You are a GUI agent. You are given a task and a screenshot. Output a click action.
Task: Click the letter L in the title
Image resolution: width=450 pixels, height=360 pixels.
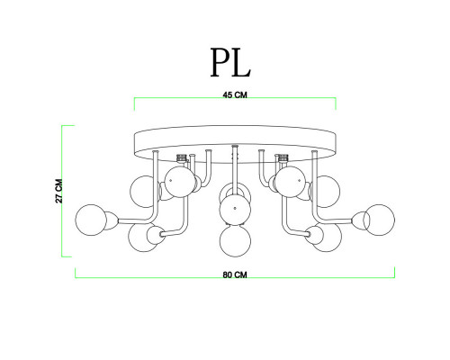(241, 63)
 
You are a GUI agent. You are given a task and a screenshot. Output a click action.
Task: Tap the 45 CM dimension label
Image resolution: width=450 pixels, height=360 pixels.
(235, 95)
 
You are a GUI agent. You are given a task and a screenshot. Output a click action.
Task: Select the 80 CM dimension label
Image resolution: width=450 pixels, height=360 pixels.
(235, 274)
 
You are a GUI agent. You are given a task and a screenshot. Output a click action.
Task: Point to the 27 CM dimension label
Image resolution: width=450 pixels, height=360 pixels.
(59, 191)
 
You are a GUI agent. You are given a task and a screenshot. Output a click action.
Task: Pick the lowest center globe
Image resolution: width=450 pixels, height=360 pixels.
(235, 241)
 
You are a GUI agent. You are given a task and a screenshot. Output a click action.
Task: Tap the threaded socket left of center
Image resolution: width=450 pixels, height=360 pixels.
(181, 157)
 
